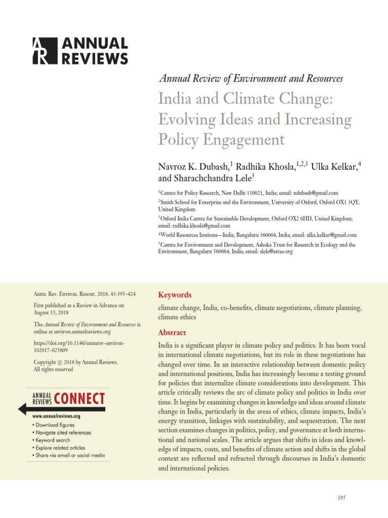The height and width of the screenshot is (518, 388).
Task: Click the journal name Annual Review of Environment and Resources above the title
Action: click(251, 78)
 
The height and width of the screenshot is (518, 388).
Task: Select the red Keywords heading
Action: click(175, 295)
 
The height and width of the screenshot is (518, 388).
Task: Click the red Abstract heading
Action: click(172, 333)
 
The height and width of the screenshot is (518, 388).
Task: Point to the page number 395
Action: click(341, 498)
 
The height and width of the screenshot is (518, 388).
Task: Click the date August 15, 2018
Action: click(50, 313)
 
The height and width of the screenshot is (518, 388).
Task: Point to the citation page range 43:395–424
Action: click(120, 294)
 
